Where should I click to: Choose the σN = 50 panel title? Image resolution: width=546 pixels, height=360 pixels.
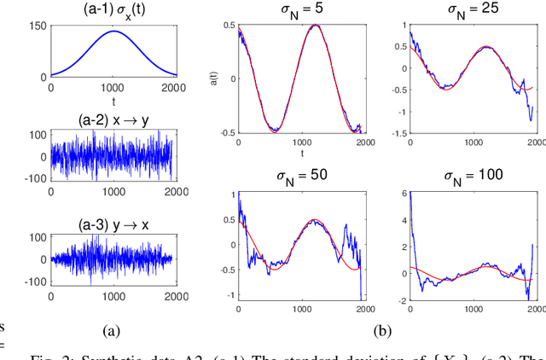(x=299, y=176)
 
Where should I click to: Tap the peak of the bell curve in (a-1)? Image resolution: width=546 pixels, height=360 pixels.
(x=113, y=32)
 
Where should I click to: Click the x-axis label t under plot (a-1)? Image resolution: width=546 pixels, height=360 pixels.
(x=112, y=99)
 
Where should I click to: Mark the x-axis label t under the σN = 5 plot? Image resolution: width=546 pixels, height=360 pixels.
(x=299, y=153)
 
